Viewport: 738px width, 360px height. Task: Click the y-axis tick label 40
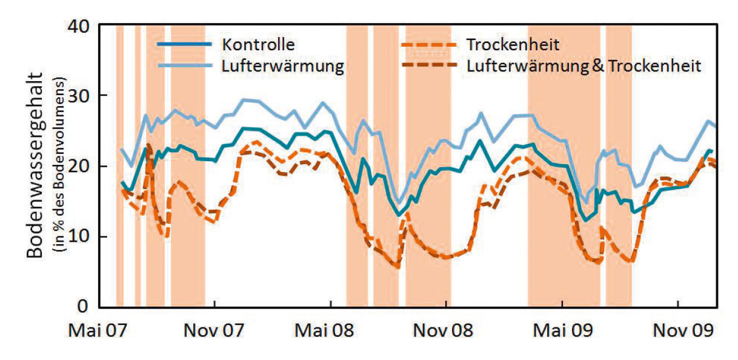coord(78,27)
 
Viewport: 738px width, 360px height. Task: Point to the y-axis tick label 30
coord(78,96)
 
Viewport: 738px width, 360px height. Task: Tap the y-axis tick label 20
coord(78,167)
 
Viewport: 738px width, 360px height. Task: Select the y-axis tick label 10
coord(78,236)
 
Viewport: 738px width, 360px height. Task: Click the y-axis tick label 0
coord(84,306)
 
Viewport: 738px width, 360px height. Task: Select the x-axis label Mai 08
coord(330,332)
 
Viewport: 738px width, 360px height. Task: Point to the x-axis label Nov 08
coord(446,332)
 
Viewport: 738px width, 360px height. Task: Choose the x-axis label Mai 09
coord(562,332)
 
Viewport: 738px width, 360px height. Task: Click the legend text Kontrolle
coord(258,45)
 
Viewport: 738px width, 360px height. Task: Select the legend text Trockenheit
coord(513,45)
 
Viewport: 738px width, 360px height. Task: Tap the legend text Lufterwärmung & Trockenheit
coord(583,65)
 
